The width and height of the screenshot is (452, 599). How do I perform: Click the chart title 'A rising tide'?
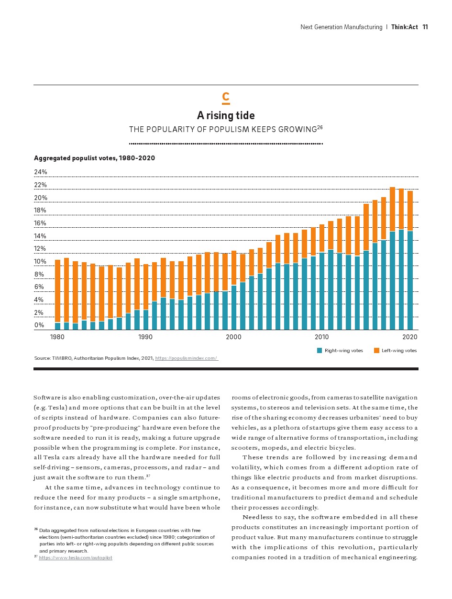(226, 115)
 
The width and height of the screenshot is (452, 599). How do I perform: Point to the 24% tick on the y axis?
(40, 172)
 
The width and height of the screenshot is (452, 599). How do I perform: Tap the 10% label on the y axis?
(40, 261)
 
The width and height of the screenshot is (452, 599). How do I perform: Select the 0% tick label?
(39, 325)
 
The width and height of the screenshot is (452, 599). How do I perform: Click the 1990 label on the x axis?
(145, 337)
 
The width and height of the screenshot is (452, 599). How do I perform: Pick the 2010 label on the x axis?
(321, 337)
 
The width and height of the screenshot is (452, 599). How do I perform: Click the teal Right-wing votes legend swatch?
(320, 350)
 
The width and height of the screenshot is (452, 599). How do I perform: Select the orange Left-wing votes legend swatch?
(376, 350)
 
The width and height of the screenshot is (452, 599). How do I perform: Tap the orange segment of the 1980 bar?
(57, 291)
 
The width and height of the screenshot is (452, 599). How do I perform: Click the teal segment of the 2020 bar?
(410, 280)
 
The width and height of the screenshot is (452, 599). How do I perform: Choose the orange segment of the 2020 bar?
(410, 211)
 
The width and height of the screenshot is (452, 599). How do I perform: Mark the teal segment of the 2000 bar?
(234, 307)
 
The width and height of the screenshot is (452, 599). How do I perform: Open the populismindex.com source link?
(187, 358)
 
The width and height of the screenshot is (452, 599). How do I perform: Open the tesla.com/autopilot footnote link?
(76, 557)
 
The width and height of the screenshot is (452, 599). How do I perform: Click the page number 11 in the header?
(425, 27)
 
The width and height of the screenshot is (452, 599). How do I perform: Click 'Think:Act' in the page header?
(404, 27)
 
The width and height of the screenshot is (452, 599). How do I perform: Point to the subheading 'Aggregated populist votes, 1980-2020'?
(94, 158)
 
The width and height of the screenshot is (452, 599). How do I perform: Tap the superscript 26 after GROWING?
(320, 127)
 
